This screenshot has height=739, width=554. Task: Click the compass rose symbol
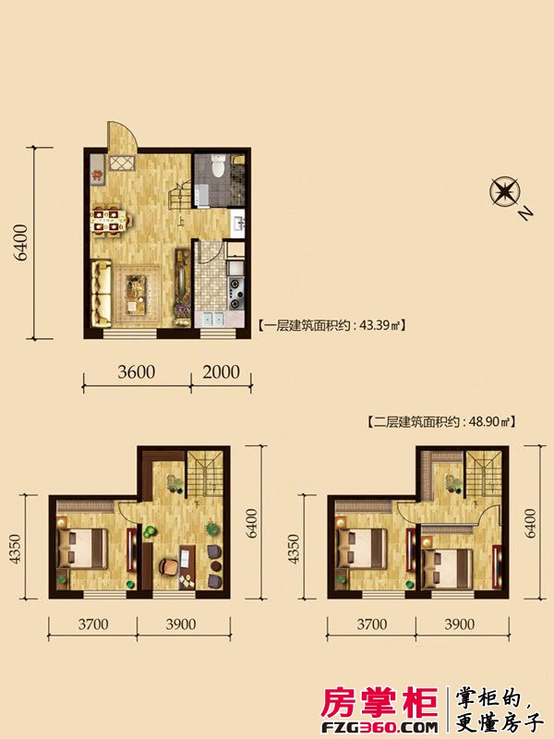click(504, 192)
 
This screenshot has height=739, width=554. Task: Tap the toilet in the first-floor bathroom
click(218, 165)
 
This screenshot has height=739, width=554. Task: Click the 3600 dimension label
click(136, 372)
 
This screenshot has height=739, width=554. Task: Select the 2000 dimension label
click(221, 372)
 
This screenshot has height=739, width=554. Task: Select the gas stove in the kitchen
click(236, 293)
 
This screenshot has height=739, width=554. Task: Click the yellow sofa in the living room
click(101, 294)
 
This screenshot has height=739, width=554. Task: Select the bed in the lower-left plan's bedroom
click(81, 548)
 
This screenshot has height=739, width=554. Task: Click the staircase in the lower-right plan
click(483, 474)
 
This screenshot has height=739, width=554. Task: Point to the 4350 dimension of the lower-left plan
click(15, 549)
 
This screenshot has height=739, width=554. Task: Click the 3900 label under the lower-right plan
click(459, 624)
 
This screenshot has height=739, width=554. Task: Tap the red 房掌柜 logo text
click(379, 703)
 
